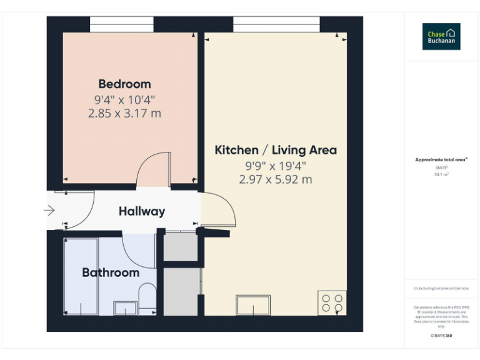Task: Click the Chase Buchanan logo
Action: [441, 36]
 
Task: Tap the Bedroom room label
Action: [124, 84]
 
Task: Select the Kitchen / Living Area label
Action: [276, 150]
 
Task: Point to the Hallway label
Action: [142, 211]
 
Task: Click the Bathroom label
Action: [111, 272]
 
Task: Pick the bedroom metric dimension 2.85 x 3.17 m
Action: [124, 114]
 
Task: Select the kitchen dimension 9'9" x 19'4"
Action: [276, 166]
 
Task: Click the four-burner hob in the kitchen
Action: [331, 303]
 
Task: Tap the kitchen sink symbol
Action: [253, 305]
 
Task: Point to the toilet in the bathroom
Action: [147, 298]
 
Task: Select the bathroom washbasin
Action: [126, 307]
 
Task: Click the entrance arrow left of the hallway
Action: [49, 211]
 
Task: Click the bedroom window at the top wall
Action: [122, 24]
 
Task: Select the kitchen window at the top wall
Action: [276, 24]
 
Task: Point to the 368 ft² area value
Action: [441, 167]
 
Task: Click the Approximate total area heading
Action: [441, 160]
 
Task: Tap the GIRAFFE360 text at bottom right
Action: [441, 336]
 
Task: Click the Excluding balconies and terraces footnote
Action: [441, 288]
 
